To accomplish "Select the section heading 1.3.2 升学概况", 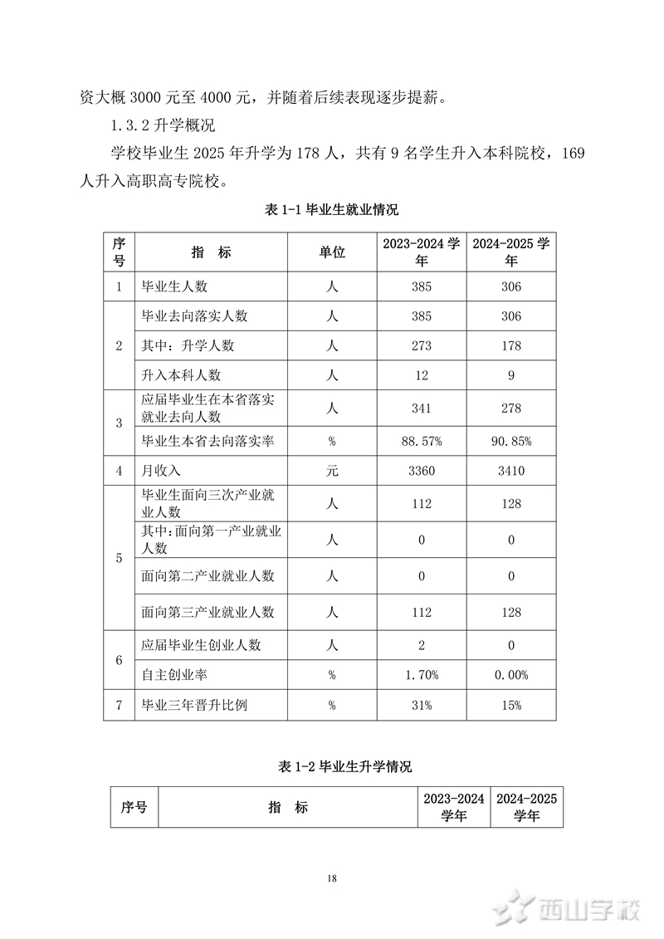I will coord(163,126).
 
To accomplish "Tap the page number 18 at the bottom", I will coord(332,878).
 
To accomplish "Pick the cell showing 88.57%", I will coord(422,441).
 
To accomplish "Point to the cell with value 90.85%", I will coord(511,441).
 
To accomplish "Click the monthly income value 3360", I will coord(422,471).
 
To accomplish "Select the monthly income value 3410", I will coord(511,471).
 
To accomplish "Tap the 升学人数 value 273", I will coord(422,345).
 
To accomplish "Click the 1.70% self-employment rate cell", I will coord(422,675).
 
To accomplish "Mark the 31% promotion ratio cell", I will coord(422,706).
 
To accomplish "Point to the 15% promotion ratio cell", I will coord(511,706).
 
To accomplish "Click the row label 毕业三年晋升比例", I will coord(195,706).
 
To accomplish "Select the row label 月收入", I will coord(162,471).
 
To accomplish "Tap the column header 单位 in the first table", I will coord(332,252).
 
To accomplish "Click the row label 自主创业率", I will coord(173,675).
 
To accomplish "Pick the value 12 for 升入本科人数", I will coord(422,375).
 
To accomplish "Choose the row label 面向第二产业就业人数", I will coord(208,575).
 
